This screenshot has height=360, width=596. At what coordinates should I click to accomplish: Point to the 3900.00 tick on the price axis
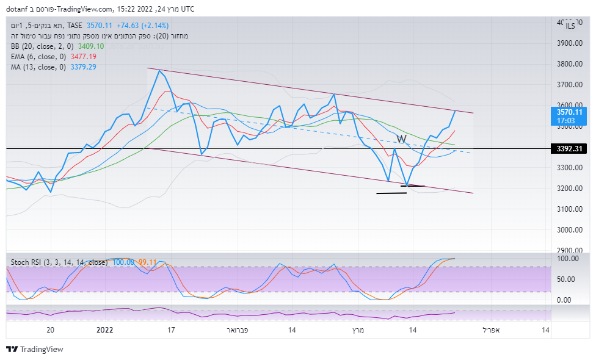click(569, 43)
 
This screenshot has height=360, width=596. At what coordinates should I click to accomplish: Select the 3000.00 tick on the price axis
click(569, 230)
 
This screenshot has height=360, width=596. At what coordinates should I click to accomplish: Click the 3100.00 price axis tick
click(569, 209)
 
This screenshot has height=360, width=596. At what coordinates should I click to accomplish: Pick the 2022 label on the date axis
click(105, 330)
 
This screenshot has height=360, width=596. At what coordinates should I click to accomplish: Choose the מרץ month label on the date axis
click(358, 330)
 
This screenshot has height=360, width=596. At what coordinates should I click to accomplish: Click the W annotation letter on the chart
click(401, 139)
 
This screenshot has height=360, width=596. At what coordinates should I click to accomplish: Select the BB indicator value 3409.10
click(91, 46)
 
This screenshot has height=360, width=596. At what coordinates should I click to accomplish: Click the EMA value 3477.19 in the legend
click(84, 56)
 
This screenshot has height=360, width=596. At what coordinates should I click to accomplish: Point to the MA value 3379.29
click(84, 67)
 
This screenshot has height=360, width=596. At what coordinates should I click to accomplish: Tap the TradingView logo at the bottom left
click(35, 350)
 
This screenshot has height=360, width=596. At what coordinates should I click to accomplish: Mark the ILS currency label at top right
click(570, 26)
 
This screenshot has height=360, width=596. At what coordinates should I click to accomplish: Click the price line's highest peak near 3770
click(159, 71)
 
